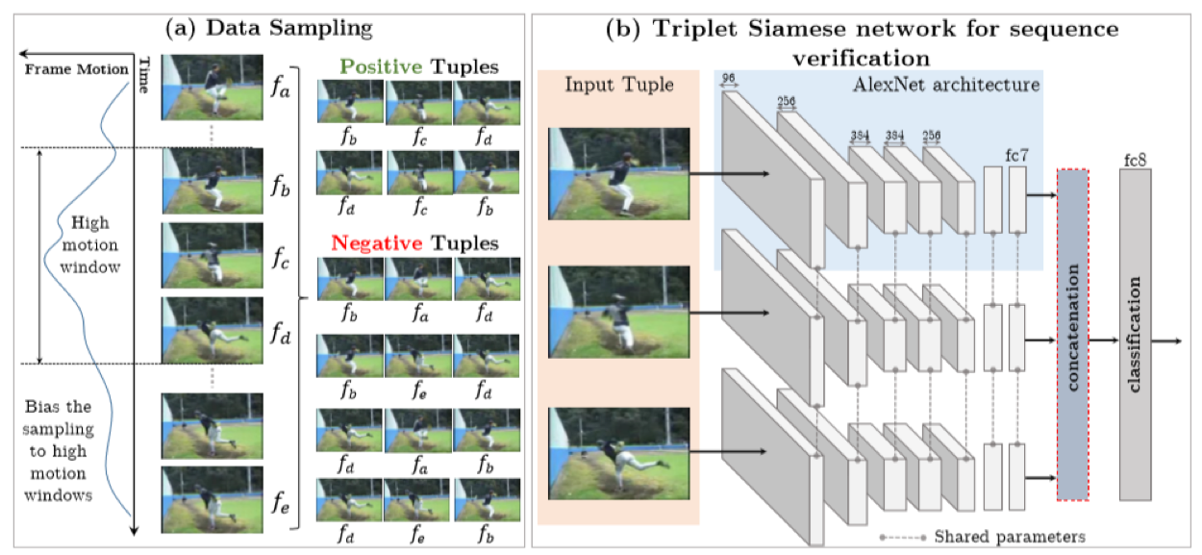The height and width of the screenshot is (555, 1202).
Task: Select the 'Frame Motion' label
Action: click(75, 69)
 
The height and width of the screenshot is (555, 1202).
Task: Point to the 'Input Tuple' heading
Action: click(619, 85)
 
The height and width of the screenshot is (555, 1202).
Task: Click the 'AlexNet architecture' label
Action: click(945, 85)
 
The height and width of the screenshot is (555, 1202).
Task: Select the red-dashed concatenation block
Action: click(1072, 334)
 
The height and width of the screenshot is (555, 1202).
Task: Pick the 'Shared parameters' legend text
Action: click(1010, 536)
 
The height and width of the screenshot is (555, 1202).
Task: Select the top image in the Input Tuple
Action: click(619, 173)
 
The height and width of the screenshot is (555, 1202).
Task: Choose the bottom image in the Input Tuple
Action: click(619, 450)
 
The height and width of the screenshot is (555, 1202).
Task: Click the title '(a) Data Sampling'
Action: click(269, 27)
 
